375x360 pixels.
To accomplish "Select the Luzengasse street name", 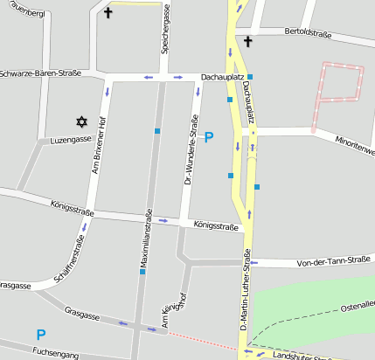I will pyautogui.click(x=71, y=140).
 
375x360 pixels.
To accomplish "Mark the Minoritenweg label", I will pyautogui.click(x=355, y=145).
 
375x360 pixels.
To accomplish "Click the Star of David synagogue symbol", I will pyautogui.click(x=82, y=121).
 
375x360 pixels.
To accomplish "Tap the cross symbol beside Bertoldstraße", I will pyautogui.click(x=247, y=41).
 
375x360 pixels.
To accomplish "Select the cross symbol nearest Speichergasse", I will pyautogui.click(x=108, y=13).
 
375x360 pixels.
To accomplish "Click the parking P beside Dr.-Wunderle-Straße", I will pyautogui.click(x=208, y=137).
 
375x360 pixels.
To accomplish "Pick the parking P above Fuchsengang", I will pyautogui.click(x=40, y=334).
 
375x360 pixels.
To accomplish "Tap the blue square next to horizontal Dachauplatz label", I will pyautogui.click(x=250, y=77).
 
